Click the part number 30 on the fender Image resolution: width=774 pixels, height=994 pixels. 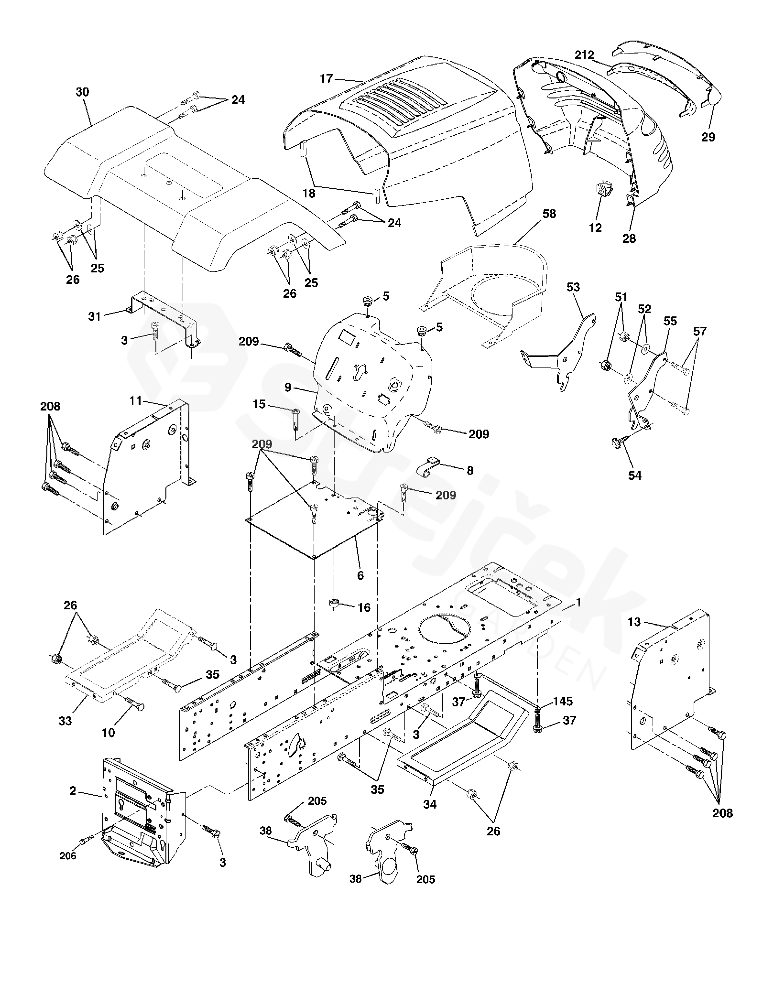[x=82, y=92]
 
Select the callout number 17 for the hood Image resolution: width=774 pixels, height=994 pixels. [x=326, y=78]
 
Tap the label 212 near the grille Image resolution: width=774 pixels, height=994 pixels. [x=584, y=55]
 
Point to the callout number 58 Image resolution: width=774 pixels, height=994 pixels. [x=549, y=214]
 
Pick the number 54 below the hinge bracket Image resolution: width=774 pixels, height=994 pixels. [x=635, y=475]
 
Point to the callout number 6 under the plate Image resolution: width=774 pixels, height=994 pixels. [x=360, y=575]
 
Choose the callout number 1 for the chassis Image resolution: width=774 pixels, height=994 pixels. [x=578, y=603]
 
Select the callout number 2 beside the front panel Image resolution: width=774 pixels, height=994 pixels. [x=72, y=791]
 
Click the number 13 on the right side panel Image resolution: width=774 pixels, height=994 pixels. [x=634, y=622]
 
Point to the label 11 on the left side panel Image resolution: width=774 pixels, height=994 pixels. [x=136, y=400]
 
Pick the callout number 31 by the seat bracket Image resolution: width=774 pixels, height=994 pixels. [x=95, y=316]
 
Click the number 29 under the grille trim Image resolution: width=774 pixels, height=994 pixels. [x=708, y=137]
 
